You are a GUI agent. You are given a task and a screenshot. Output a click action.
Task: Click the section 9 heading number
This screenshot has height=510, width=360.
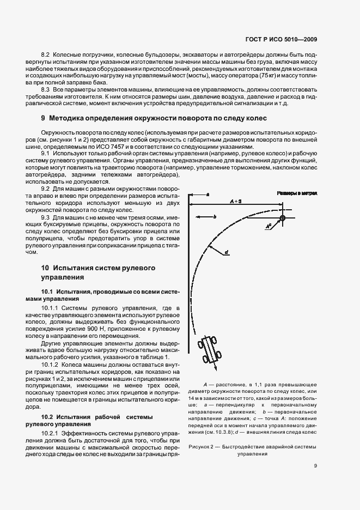coord(43,118)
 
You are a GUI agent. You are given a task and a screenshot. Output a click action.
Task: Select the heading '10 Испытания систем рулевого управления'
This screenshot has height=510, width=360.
coord(99,272)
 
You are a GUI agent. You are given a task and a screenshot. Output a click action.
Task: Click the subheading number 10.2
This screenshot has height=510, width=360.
coord(48,417)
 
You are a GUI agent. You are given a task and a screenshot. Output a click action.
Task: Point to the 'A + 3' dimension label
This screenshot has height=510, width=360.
coord(235,201)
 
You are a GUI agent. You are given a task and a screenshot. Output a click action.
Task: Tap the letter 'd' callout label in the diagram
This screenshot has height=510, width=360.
coord(225,252)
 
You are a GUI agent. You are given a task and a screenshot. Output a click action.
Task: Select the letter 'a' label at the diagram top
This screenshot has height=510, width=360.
coord(208,193)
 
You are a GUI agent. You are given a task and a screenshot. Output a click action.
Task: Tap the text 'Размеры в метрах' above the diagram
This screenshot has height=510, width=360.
coord(297,193)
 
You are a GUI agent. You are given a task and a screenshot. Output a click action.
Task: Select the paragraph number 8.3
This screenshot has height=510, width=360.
coord(47,89)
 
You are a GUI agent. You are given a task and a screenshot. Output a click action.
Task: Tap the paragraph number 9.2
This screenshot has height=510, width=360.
coord(47,188)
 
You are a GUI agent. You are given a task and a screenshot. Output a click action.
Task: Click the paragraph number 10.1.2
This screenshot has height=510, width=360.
coord(51,363)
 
